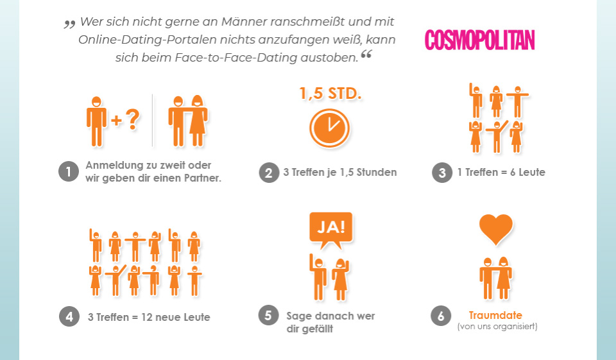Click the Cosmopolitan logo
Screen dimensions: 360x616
(x=479, y=40)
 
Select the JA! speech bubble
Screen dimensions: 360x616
(x=330, y=229)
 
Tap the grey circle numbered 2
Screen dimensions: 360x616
(x=269, y=173)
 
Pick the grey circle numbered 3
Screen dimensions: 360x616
(x=441, y=173)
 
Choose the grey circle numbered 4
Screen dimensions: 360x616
(x=69, y=317)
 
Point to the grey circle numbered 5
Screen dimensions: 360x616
(x=268, y=316)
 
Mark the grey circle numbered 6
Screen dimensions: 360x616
(x=440, y=316)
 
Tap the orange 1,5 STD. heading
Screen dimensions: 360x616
(x=330, y=94)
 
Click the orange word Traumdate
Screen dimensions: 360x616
(x=495, y=315)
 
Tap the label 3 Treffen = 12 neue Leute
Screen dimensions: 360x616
(x=149, y=317)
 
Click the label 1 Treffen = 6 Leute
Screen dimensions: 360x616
(x=501, y=173)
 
